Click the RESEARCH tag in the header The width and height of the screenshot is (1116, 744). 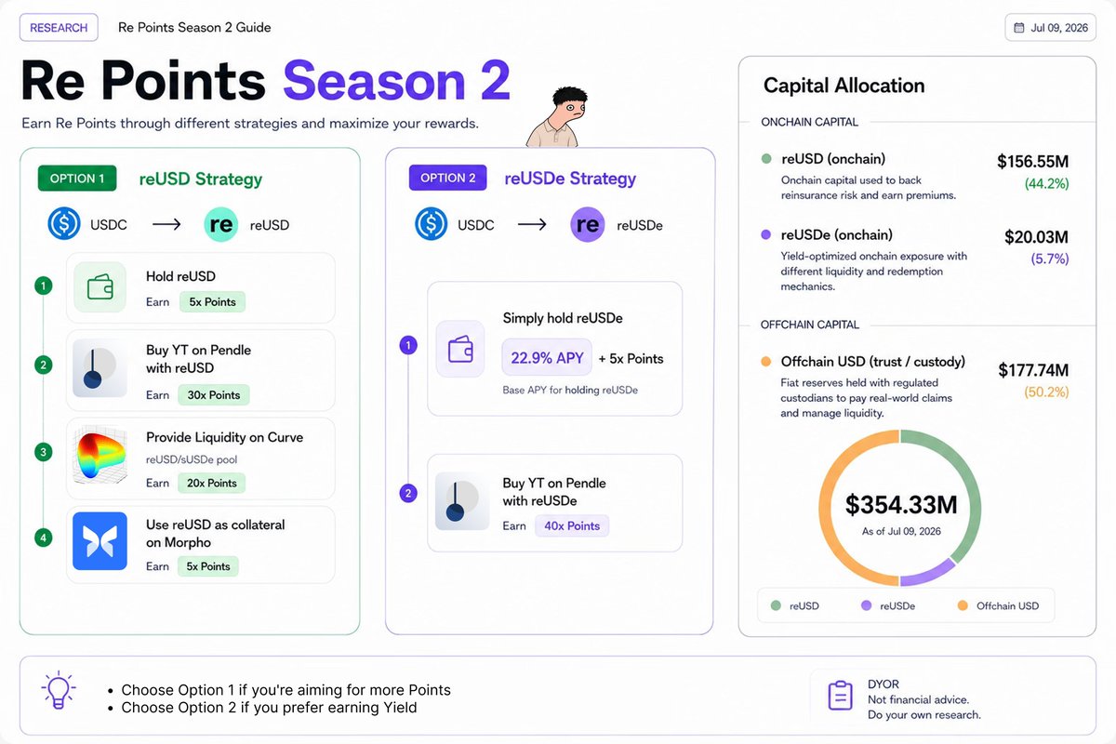[59, 27]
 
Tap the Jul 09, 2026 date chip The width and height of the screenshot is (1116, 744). [1050, 27]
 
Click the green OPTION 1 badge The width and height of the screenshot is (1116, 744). [77, 179]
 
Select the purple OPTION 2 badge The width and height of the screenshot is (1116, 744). [448, 178]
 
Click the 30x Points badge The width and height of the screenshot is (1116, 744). [214, 395]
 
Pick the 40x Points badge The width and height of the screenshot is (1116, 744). [572, 525]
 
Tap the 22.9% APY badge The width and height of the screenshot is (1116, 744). [547, 358]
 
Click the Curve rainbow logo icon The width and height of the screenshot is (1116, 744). [100, 456]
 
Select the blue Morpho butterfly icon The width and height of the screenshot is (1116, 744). [100, 541]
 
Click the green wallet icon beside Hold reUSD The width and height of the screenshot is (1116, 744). [100, 287]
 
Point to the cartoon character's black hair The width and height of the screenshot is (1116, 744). [570, 95]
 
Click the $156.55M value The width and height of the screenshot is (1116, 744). [1033, 162]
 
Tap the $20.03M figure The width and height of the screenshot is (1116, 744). [1036, 237]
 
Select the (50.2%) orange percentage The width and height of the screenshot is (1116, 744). [1046, 392]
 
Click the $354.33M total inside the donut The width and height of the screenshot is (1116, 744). [901, 504]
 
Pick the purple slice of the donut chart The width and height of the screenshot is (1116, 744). [929, 574]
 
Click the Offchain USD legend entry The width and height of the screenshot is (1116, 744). [998, 606]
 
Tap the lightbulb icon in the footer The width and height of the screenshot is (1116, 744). [59, 690]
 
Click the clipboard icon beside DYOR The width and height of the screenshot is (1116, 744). [840, 695]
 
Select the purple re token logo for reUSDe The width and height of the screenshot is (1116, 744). [588, 225]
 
